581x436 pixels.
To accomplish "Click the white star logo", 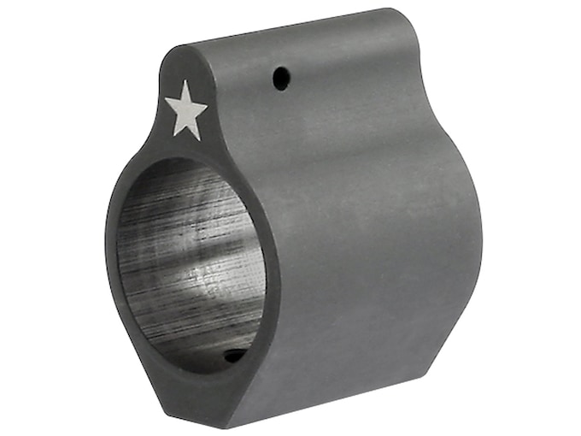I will tap(185, 110).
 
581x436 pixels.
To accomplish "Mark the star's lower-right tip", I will tap(200, 138).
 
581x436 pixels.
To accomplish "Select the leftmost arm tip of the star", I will tap(165, 102).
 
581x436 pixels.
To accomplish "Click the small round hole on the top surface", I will tap(279, 80).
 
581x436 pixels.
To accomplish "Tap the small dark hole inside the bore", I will tap(233, 355).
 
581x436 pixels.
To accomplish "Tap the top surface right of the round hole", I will tap(342, 60).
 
